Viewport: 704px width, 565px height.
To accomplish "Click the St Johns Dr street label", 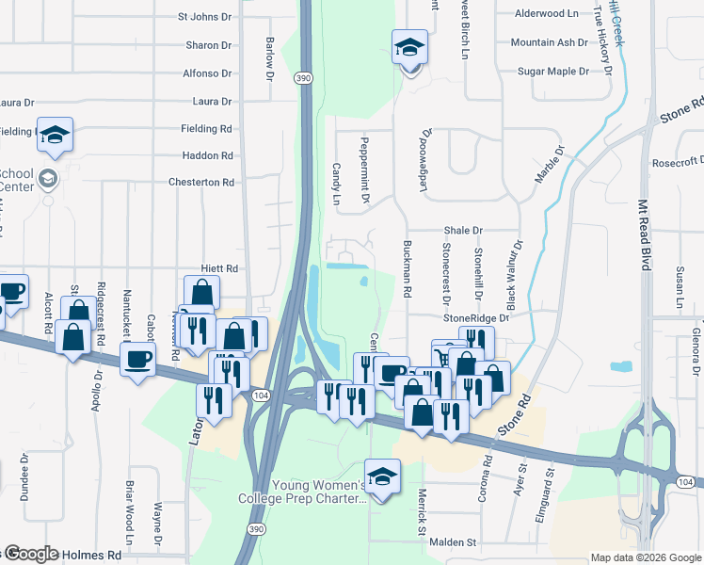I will click(x=204, y=17).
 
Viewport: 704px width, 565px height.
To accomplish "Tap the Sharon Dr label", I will click(x=208, y=45).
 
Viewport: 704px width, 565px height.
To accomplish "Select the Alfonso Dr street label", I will click(x=206, y=73).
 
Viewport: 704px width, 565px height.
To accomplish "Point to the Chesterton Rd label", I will click(x=200, y=182).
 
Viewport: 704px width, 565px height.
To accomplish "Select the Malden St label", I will click(x=454, y=542).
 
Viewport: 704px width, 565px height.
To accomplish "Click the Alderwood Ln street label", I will click(x=546, y=14).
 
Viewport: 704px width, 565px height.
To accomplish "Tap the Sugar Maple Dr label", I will click(x=552, y=72).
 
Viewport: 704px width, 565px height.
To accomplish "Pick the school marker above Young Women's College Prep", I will click(x=382, y=476).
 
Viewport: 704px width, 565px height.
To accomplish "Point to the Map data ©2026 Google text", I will click(x=646, y=557).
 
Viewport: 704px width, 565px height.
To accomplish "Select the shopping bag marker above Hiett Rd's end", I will click(x=201, y=293).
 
